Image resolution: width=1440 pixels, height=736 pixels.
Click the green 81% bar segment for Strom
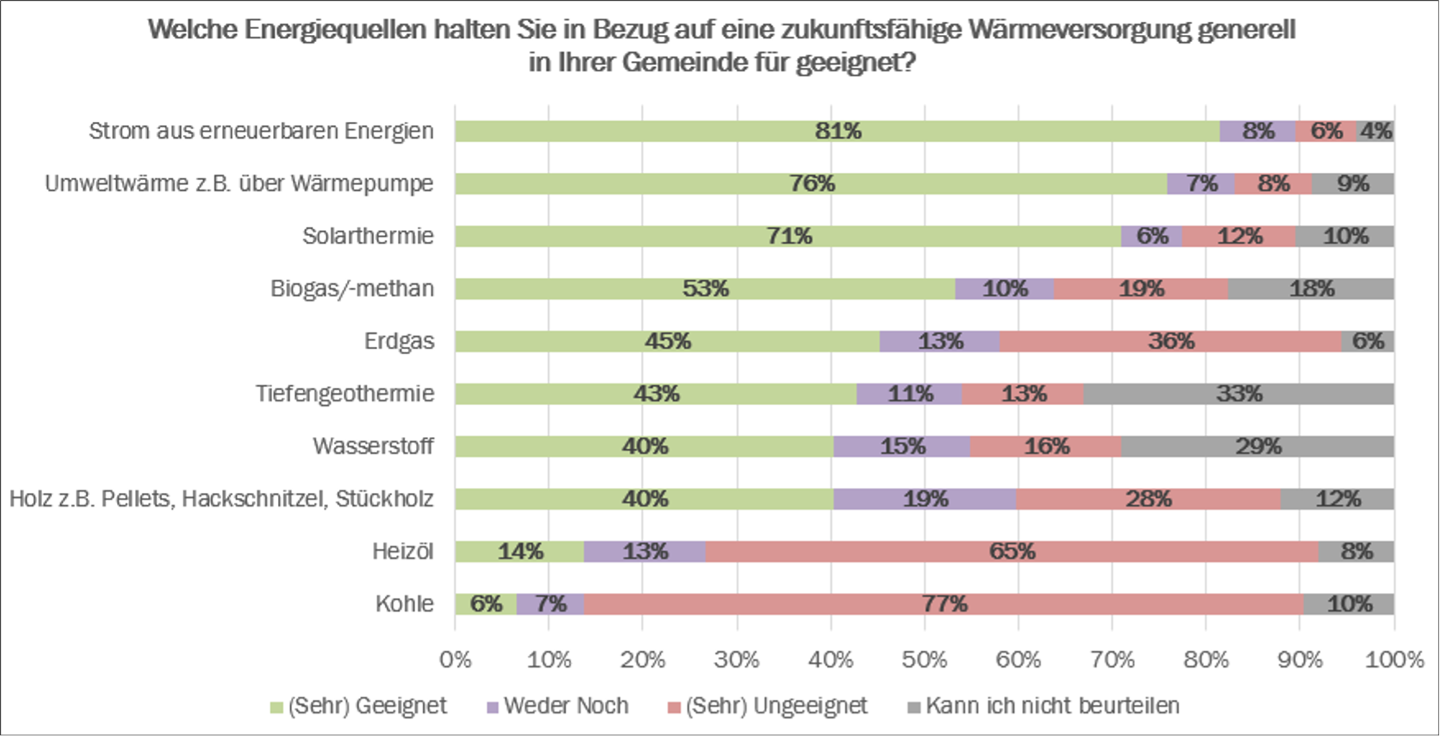[837, 131]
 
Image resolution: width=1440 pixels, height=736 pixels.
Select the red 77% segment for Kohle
[943, 604]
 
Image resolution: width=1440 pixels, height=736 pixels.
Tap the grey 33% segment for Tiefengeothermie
[1238, 394]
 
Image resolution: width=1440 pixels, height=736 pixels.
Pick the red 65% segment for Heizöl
[1011, 552]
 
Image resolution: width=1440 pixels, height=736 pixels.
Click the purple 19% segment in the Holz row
[925, 499]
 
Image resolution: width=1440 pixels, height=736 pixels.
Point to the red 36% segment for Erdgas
[1170, 341]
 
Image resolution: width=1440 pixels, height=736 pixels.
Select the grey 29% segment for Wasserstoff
[1257, 446]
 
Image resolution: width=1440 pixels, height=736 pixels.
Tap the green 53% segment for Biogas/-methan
[705, 289]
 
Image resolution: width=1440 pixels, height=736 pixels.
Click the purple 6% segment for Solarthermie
[1151, 237]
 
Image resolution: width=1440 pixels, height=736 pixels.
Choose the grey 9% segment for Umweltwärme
[1352, 184]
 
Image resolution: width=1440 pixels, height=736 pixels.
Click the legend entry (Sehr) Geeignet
[359, 706]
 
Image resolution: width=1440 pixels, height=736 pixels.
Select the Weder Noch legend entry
[557, 706]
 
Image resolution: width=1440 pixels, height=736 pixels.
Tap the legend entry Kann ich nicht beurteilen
[1044, 706]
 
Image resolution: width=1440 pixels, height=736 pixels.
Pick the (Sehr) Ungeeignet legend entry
[767, 706]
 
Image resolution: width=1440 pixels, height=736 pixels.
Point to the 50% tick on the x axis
[924, 660]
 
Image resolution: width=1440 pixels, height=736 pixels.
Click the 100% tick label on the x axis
[1394, 660]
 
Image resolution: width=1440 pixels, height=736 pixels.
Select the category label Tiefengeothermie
[345, 394]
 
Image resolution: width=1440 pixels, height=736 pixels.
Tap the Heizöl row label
[403, 552]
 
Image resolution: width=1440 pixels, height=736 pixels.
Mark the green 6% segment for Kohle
[485, 604]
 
